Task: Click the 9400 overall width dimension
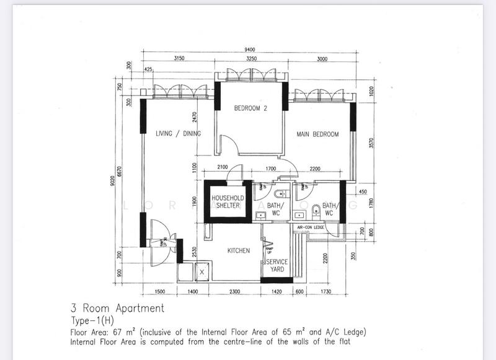[x=250, y=50]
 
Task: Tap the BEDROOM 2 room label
[x=250, y=108]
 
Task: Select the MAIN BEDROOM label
[x=317, y=134]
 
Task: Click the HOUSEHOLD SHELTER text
[x=228, y=202]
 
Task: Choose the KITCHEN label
[x=238, y=251]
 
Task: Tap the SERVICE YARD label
[x=276, y=265]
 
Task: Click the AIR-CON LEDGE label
[x=311, y=227]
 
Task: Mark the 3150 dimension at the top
[x=179, y=59]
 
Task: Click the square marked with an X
[x=202, y=271]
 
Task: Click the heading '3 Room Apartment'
[x=118, y=308]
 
